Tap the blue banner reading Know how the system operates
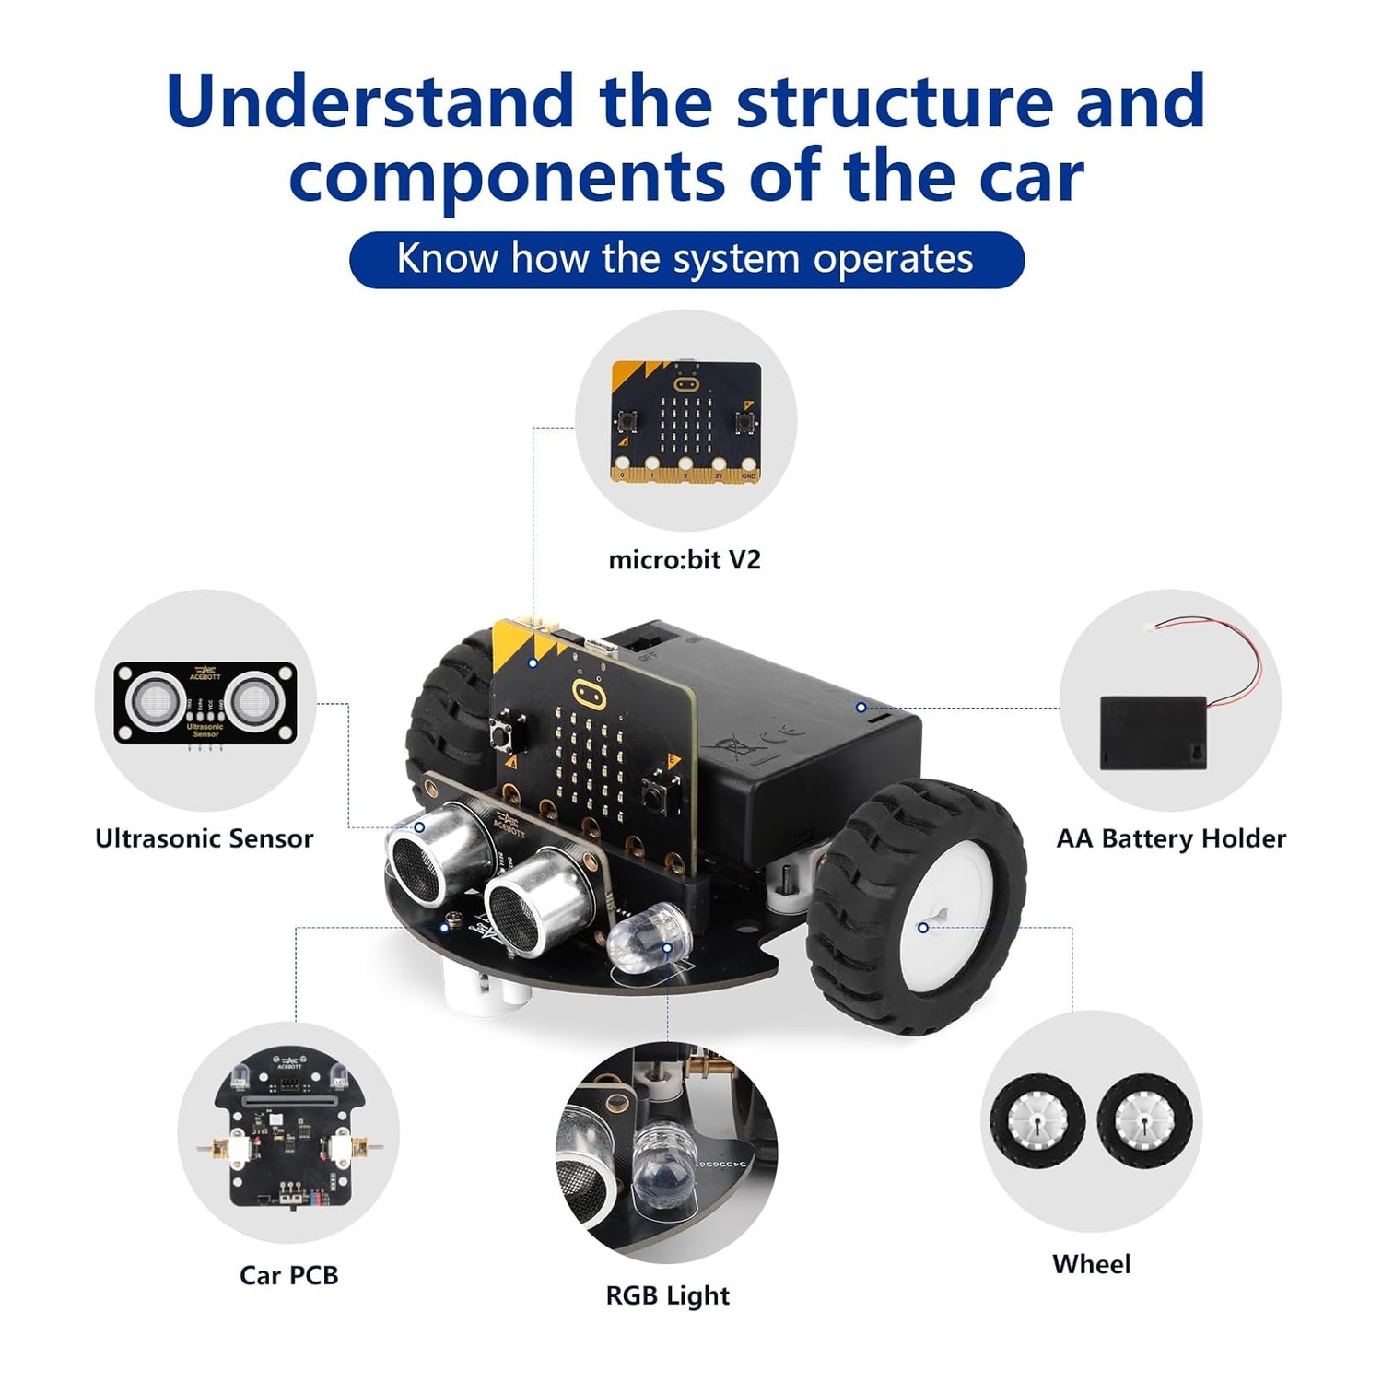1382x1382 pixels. point(686,259)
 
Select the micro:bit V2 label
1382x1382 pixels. point(685,560)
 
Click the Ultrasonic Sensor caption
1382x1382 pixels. point(205,838)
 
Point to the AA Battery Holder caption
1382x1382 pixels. point(1171,838)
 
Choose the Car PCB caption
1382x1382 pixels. point(289,1275)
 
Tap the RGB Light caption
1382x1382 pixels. point(667,1295)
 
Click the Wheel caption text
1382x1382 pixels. point(1091,1264)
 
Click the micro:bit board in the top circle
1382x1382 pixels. point(686,421)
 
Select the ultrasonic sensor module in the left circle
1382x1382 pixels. point(205,702)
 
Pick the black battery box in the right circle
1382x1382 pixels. point(1153,732)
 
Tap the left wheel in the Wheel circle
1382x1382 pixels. point(1037,1122)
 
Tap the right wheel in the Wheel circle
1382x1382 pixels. point(1144,1122)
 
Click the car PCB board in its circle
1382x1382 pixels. point(289,1129)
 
